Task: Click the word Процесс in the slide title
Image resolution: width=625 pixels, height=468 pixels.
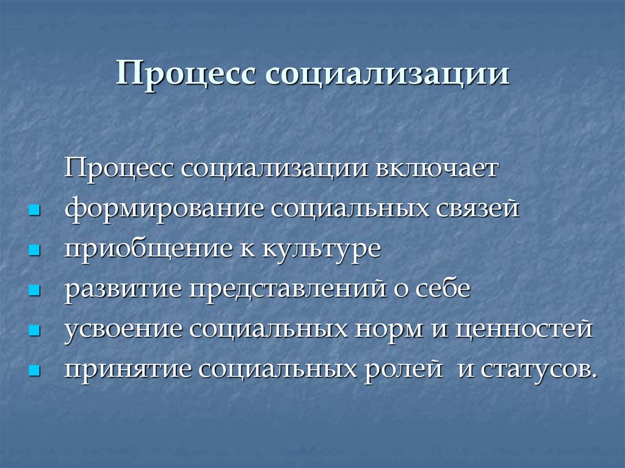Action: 186,74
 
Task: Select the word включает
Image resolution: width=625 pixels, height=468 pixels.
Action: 437,167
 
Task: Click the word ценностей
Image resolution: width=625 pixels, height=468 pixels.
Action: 524,329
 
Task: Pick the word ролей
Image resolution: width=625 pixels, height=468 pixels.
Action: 403,369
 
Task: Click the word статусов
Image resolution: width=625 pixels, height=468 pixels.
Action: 540,369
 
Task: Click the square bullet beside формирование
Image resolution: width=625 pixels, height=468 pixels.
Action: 35,210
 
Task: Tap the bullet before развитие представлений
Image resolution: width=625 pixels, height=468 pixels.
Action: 35,290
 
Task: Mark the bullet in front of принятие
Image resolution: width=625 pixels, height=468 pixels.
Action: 35,371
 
